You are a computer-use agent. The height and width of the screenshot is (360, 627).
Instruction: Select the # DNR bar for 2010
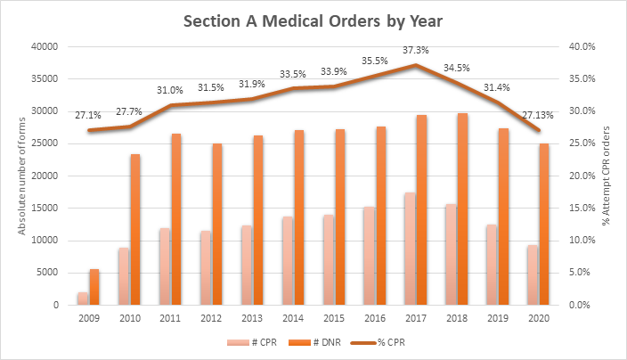coord(135,230)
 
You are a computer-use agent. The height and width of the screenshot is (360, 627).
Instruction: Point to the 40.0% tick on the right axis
coord(580,46)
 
